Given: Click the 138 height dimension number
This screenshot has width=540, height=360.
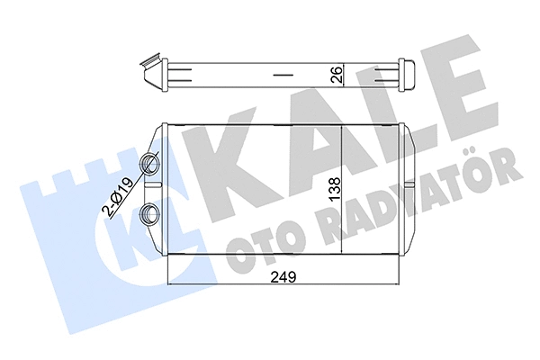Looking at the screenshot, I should coord(335,191).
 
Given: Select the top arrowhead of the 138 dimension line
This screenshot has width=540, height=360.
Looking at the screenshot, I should coord(345,125).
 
